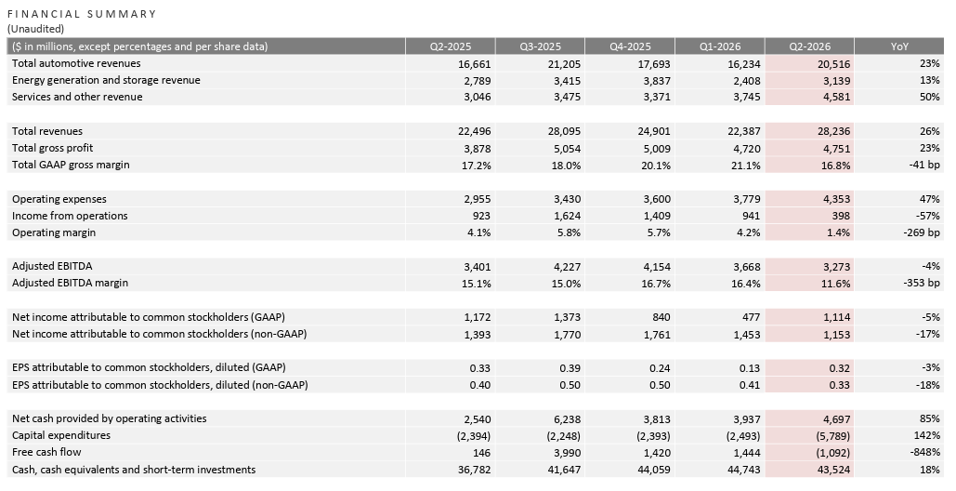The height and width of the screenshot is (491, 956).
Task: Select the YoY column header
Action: tap(899, 46)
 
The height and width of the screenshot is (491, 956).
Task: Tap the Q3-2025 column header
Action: tap(540, 46)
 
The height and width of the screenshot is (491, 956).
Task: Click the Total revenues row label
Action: tap(47, 131)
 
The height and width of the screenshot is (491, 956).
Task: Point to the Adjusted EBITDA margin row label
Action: tap(70, 283)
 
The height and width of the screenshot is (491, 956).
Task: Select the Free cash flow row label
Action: tap(46, 452)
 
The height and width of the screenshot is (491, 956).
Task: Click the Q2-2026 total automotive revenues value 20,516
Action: tap(834, 64)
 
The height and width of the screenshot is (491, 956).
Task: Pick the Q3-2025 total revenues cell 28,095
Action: tap(565, 131)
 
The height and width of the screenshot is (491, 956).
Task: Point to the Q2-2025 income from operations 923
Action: tap(481, 216)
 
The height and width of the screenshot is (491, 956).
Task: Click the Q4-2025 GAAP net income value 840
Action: tap(661, 317)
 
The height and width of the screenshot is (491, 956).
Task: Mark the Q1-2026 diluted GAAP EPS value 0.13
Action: tap(751, 368)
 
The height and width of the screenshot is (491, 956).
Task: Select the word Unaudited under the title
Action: tap(36, 29)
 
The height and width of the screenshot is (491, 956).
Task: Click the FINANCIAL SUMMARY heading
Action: tap(82, 14)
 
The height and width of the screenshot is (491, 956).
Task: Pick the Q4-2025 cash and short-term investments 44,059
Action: tap(655, 470)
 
